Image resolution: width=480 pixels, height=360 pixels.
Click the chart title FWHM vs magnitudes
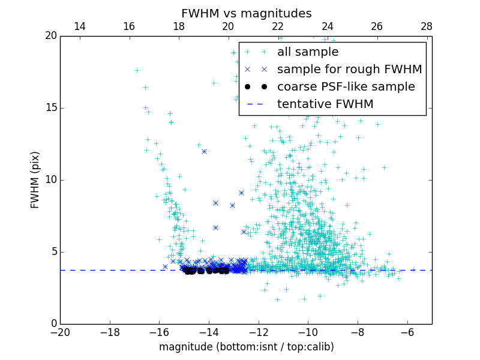click(246, 13)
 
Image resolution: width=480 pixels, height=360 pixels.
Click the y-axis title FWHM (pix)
click(35, 179)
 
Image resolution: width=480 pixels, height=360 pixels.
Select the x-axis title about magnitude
click(246, 347)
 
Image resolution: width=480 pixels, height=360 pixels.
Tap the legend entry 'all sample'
click(307, 52)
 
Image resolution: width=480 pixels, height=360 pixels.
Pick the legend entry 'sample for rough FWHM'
click(349, 70)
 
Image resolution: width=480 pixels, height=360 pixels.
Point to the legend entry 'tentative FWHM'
click(325, 104)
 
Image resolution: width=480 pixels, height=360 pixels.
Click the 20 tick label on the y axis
click(50, 36)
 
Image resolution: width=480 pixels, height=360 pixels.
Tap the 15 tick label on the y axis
click(50, 108)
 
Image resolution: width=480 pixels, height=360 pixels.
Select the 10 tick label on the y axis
click(50, 180)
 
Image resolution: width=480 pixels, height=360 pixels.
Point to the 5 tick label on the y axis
click(53, 252)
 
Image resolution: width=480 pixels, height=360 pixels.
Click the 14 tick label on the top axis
click(79, 26)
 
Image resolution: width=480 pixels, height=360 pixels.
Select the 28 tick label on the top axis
click(427, 26)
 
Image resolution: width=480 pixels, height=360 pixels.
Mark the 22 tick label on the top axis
click(278, 26)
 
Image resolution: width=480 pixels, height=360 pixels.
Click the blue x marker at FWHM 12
click(204, 151)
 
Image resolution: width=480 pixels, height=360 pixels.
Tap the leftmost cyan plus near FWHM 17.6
click(137, 70)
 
